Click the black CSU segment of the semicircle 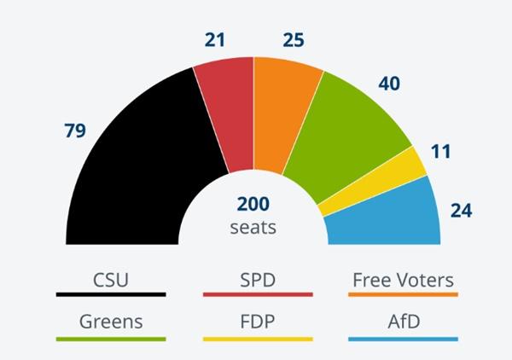point(128,171)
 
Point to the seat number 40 point(390,83)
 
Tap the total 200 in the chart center point(253,206)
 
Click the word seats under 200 point(253,228)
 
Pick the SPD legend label point(258,280)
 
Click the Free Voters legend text point(403,280)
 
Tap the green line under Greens point(111,340)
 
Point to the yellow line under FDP point(258,340)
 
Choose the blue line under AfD point(403,340)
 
